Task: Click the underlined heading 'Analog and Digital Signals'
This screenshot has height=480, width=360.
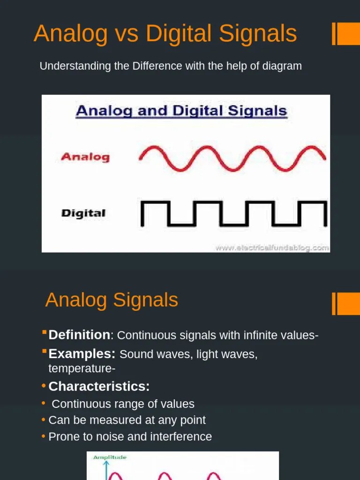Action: click(181, 111)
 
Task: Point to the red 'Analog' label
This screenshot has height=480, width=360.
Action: click(85, 157)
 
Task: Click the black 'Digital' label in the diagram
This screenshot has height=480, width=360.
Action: click(83, 213)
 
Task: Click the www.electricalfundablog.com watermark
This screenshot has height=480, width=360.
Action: click(272, 248)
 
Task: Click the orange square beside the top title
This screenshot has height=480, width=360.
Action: click(348, 34)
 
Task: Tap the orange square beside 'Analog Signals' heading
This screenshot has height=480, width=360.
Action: click(348, 304)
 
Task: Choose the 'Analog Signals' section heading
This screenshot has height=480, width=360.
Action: click(112, 300)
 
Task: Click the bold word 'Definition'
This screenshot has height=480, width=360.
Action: click(79, 335)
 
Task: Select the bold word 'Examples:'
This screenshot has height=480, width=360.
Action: click(82, 354)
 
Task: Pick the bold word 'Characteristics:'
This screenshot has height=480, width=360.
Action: click(99, 387)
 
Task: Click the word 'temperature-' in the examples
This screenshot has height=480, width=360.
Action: click(82, 369)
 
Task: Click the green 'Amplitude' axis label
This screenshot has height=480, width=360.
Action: click(109, 457)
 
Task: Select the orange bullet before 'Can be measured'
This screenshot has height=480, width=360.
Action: click(44, 420)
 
